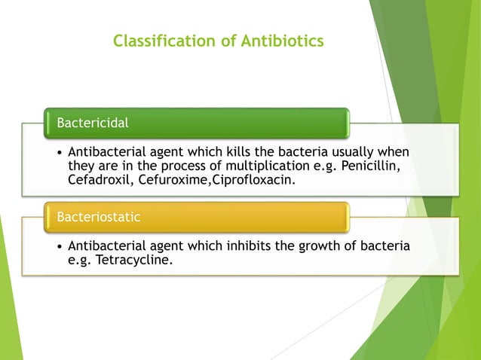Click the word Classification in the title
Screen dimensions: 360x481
point(157,41)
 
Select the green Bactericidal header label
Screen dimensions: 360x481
point(88,121)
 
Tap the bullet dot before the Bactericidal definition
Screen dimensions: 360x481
point(59,153)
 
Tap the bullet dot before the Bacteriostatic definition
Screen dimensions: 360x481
point(59,247)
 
